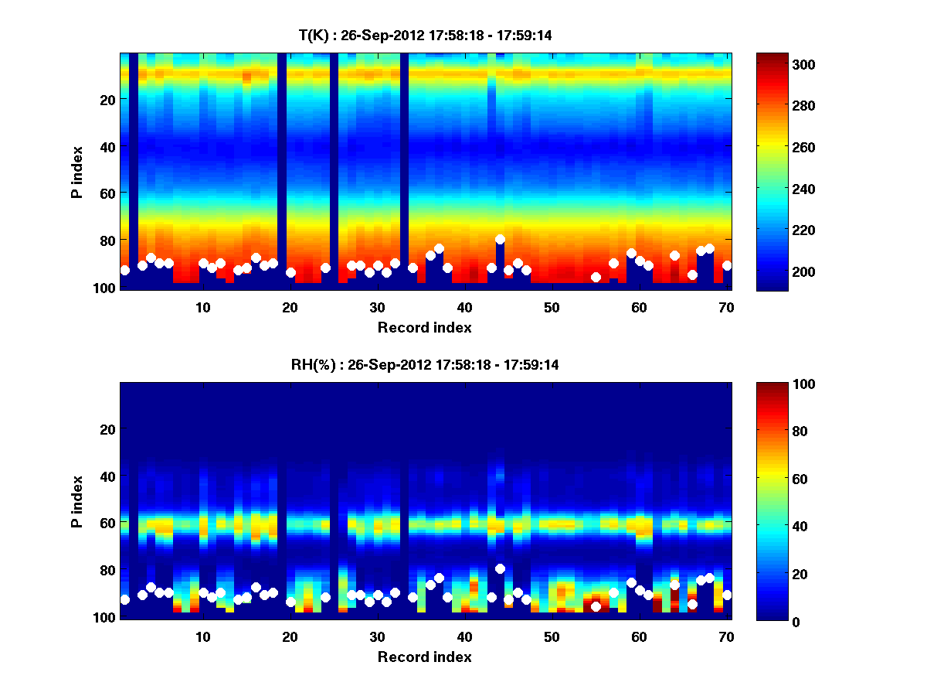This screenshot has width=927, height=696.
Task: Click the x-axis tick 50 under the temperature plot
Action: point(551,307)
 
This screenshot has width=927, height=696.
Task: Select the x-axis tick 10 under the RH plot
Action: point(202,636)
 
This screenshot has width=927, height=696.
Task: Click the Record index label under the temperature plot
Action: point(425,327)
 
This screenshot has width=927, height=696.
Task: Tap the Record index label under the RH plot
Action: point(425,657)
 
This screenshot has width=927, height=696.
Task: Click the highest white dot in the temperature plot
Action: point(500,240)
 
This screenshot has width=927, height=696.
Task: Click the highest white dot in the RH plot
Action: point(500,569)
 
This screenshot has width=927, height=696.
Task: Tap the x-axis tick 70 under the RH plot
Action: point(725,636)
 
